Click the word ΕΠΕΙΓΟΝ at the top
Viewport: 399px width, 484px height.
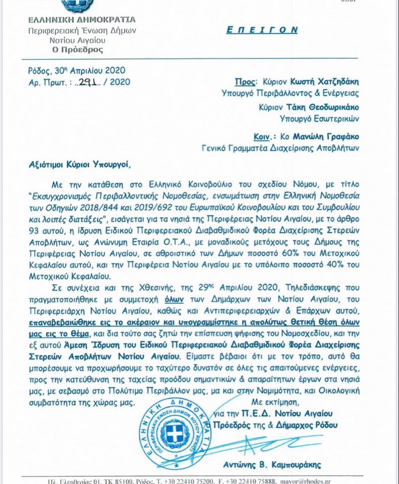tap(262, 30)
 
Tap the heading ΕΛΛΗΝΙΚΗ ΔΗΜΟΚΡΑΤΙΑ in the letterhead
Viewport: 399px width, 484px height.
tap(82, 20)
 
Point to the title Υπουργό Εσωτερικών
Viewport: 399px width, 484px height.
tap(319, 119)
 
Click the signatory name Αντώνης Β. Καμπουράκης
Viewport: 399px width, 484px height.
tap(272, 464)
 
